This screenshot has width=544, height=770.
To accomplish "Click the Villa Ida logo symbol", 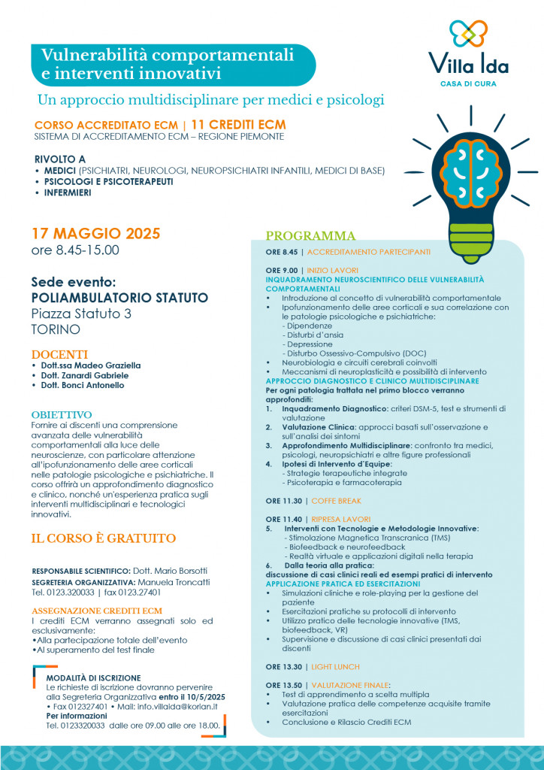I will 468,34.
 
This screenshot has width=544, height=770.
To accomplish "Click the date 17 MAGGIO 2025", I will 96,233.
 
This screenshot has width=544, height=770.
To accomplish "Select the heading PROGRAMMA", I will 310,235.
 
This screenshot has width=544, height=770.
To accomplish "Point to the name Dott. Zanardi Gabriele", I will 86,375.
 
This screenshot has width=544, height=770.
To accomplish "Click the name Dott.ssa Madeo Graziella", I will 92,365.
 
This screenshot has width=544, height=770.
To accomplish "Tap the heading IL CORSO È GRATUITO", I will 104,538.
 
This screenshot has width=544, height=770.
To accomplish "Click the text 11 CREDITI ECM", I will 238,124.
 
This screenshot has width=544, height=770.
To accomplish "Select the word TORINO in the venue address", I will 56,329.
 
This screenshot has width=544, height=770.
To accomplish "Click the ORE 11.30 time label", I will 283,501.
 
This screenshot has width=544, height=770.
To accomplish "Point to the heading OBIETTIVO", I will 62,414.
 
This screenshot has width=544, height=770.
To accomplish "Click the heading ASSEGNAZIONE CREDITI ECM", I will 97,610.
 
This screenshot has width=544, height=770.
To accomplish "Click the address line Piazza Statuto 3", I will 81,314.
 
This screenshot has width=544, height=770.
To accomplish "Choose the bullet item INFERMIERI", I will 67,192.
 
